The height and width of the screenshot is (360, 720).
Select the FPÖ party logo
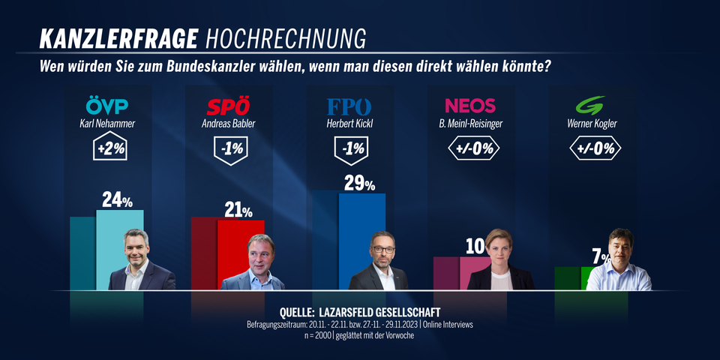point(349,106)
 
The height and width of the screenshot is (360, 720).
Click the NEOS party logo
point(470,106)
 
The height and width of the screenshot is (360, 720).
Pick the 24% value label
point(117,200)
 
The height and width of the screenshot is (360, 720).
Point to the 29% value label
point(359,184)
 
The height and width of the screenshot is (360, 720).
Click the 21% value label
point(238,210)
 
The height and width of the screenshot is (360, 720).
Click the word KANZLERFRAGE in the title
point(118,38)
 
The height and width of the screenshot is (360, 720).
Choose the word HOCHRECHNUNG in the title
point(285,38)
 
